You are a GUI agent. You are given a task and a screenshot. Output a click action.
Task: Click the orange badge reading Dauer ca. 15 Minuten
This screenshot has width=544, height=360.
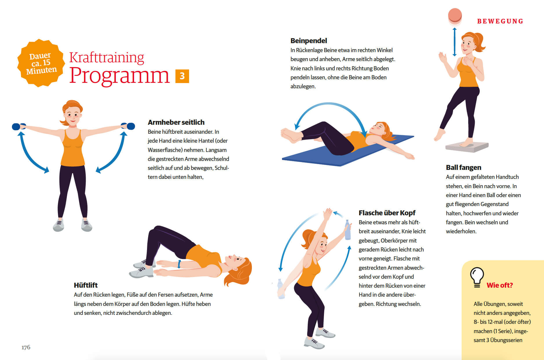click(x=41, y=63)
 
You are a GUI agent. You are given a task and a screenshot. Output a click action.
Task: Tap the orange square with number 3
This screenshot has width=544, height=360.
click(x=182, y=76)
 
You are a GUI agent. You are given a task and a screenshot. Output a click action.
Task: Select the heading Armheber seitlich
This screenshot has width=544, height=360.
click(x=176, y=122)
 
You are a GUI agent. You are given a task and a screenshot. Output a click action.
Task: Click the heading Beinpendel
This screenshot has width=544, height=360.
click(x=309, y=41)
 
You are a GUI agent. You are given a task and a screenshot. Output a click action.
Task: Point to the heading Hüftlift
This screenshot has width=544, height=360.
click(x=86, y=285)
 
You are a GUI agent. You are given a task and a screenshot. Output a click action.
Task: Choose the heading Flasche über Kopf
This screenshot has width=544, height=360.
click(x=387, y=213)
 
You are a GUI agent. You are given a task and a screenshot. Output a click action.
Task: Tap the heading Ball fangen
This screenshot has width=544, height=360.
click(x=464, y=168)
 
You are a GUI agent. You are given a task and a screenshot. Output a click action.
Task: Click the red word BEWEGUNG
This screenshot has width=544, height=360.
click(x=500, y=21)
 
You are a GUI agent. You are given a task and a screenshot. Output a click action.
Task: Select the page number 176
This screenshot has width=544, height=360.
click(x=26, y=347)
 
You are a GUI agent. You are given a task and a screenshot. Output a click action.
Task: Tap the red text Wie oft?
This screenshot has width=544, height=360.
click(x=499, y=285)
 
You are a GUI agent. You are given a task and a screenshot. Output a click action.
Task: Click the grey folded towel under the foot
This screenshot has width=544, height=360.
click(x=467, y=147)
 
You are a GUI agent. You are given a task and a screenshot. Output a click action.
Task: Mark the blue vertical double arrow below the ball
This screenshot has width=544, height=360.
click(x=455, y=42)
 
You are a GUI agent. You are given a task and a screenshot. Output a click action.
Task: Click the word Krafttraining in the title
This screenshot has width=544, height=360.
click(x=107, y=57)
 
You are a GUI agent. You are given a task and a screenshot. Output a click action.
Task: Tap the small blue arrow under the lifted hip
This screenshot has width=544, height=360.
click(x=179, y=264)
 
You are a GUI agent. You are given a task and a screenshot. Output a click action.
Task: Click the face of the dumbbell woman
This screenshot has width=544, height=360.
click(x=72, y=115)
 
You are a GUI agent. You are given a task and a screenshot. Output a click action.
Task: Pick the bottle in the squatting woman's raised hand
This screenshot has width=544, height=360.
click(x=347, y=230)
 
